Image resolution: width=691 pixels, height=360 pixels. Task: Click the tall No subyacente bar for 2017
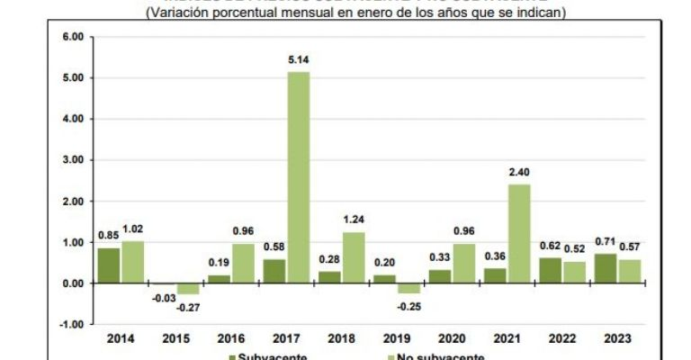pos(298,177)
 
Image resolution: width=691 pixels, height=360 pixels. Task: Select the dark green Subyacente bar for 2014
pos(108,265)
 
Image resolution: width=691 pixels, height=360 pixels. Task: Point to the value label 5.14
pos(299,61)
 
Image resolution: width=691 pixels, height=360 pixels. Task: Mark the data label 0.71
pos(605,243)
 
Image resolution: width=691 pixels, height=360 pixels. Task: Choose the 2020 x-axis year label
pos(450,338)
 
